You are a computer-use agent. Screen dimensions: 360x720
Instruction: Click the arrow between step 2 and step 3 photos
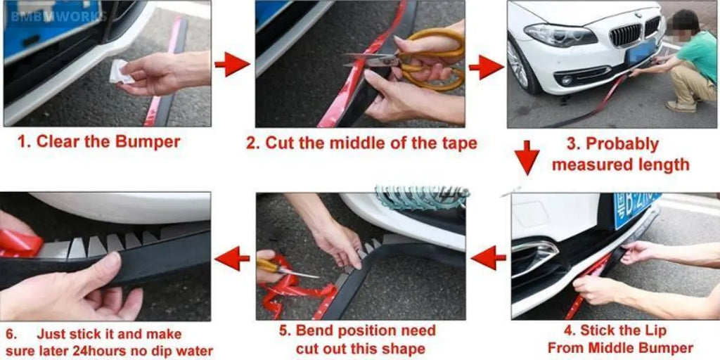click(486, 67)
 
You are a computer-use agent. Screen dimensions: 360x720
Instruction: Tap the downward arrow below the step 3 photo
click(527, 157)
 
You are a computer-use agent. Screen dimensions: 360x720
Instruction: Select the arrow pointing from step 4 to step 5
click(488, 258)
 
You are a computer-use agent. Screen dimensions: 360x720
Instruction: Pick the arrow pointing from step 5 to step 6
click(232, 258)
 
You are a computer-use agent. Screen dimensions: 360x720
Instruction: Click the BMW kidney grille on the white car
click(626, 34)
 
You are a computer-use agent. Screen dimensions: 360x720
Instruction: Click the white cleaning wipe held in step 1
click(120, 72)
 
